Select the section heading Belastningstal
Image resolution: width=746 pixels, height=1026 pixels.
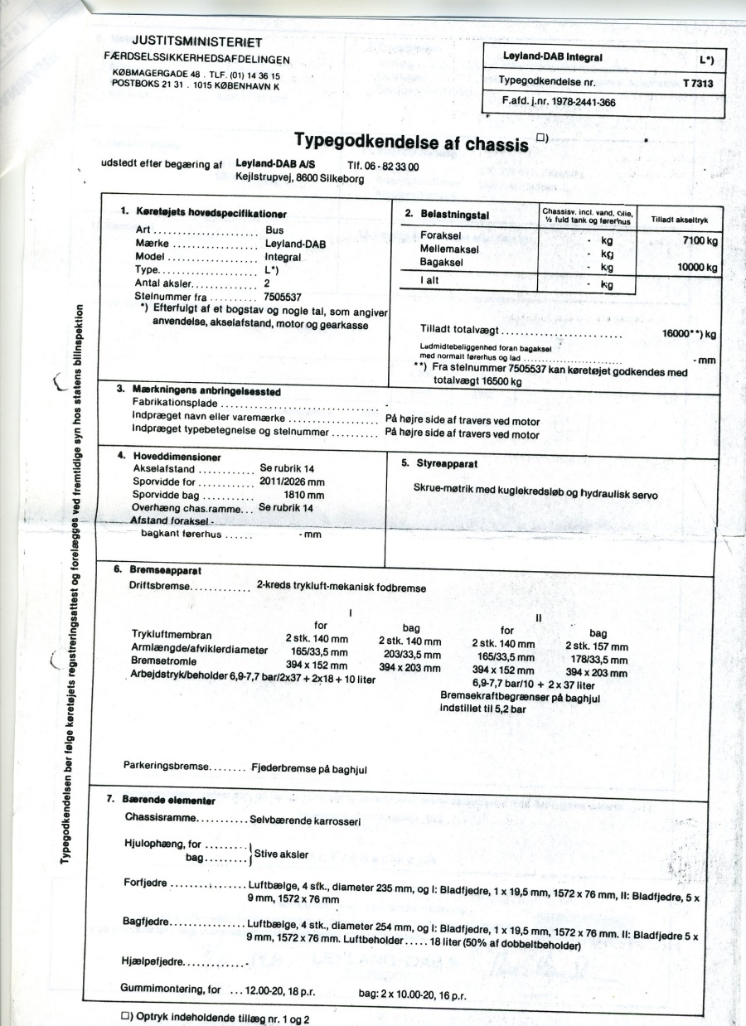453,215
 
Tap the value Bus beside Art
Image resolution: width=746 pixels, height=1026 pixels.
274,232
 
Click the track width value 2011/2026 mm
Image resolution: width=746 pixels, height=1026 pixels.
292,482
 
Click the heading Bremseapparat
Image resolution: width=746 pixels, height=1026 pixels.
162,570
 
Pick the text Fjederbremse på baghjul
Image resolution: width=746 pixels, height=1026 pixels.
309,768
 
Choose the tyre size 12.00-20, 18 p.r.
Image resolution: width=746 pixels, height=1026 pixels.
279,990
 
